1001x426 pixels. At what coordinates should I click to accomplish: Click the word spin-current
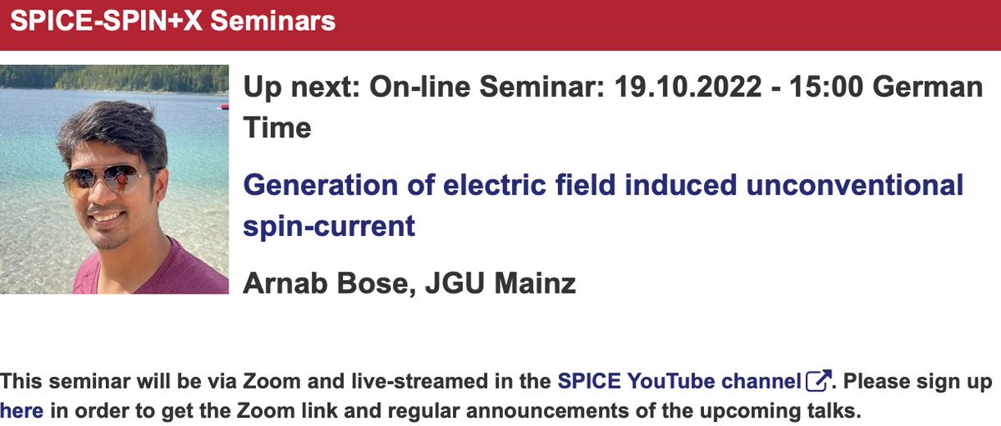click(329, 225)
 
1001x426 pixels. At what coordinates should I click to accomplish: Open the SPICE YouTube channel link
click(679, 382)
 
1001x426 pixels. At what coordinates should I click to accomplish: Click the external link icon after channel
click(818, 382)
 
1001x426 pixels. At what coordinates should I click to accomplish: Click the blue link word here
click(21, 410)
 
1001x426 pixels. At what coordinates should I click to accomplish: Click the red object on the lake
click(223, 106)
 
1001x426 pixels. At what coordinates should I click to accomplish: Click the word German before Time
click(919, 88)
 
